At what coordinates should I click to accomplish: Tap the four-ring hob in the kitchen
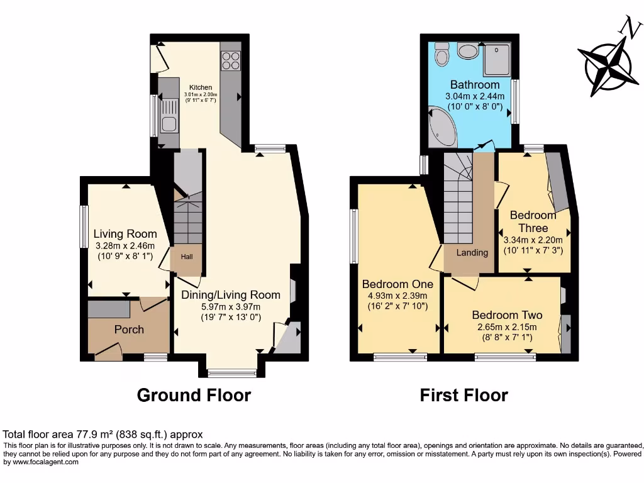tap(231, 60)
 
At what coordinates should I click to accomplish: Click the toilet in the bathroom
tap(441, 54)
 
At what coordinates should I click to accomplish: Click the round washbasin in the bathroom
tap(468, 50)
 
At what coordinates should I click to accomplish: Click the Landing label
tap(472, 253)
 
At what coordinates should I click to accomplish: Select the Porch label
tap(129, 330)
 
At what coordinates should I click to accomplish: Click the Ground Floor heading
tap(194, 395)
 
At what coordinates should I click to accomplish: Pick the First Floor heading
tap(464, 395)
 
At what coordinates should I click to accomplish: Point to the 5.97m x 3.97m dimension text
tap(230, 307)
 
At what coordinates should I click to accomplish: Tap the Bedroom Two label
tap(507, 315)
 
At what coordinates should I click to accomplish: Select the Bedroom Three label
tap(533, 221)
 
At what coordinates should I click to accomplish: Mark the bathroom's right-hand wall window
tap(515, 101)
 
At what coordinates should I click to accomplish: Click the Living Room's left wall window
tap(83, 226)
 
